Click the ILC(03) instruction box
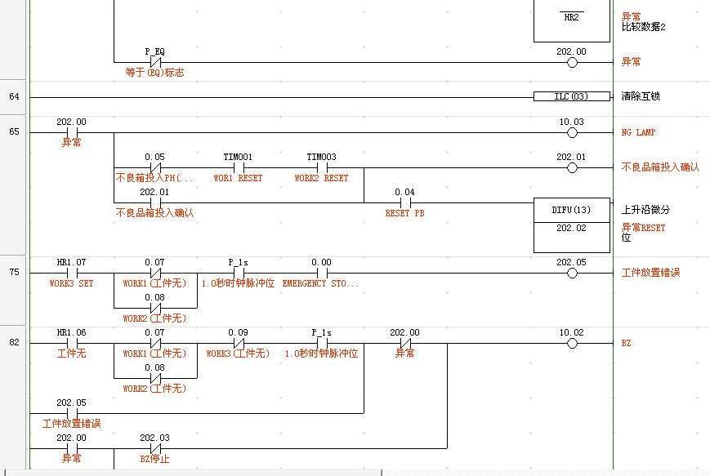pyautogui.click(x=571, y=96)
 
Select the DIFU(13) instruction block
pyautogui.click(x=571, y=225)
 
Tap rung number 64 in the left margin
pyautogui.click(x=14, y=96)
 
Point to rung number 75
pyautogui.click(x=14, y=273)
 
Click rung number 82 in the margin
pyautogui.click(x=14, y=343)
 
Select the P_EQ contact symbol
pyautogui.click(x=155, y=62)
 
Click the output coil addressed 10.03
pyautogui.click(x=572, y=132)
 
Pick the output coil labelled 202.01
pyautogui.click(x=572, y=167)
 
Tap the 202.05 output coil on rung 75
pyautogui.click(x=572, y=273)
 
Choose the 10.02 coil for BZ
pyautogui.click(x=572, y=344)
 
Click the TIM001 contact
pyautogui.click(x=238, y=167)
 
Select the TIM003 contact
pyautogui.click(x=321, y=167)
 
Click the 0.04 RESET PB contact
pyautogui.click(x=404, y=202)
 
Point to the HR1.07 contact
pyautogui.click(x=71, y=273)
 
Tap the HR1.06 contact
pyautogui.click(x=71, y=344)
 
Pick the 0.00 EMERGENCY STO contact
pyautogui.click(x=321, y=273)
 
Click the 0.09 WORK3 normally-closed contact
pyautogui.click(x=238, y=344)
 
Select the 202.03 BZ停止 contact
pyautogui.click(x=154, y=448)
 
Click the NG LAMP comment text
pyautogui.click(x=638, y=132)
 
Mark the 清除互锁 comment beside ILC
pyautogui.click(x=641, y=96)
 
